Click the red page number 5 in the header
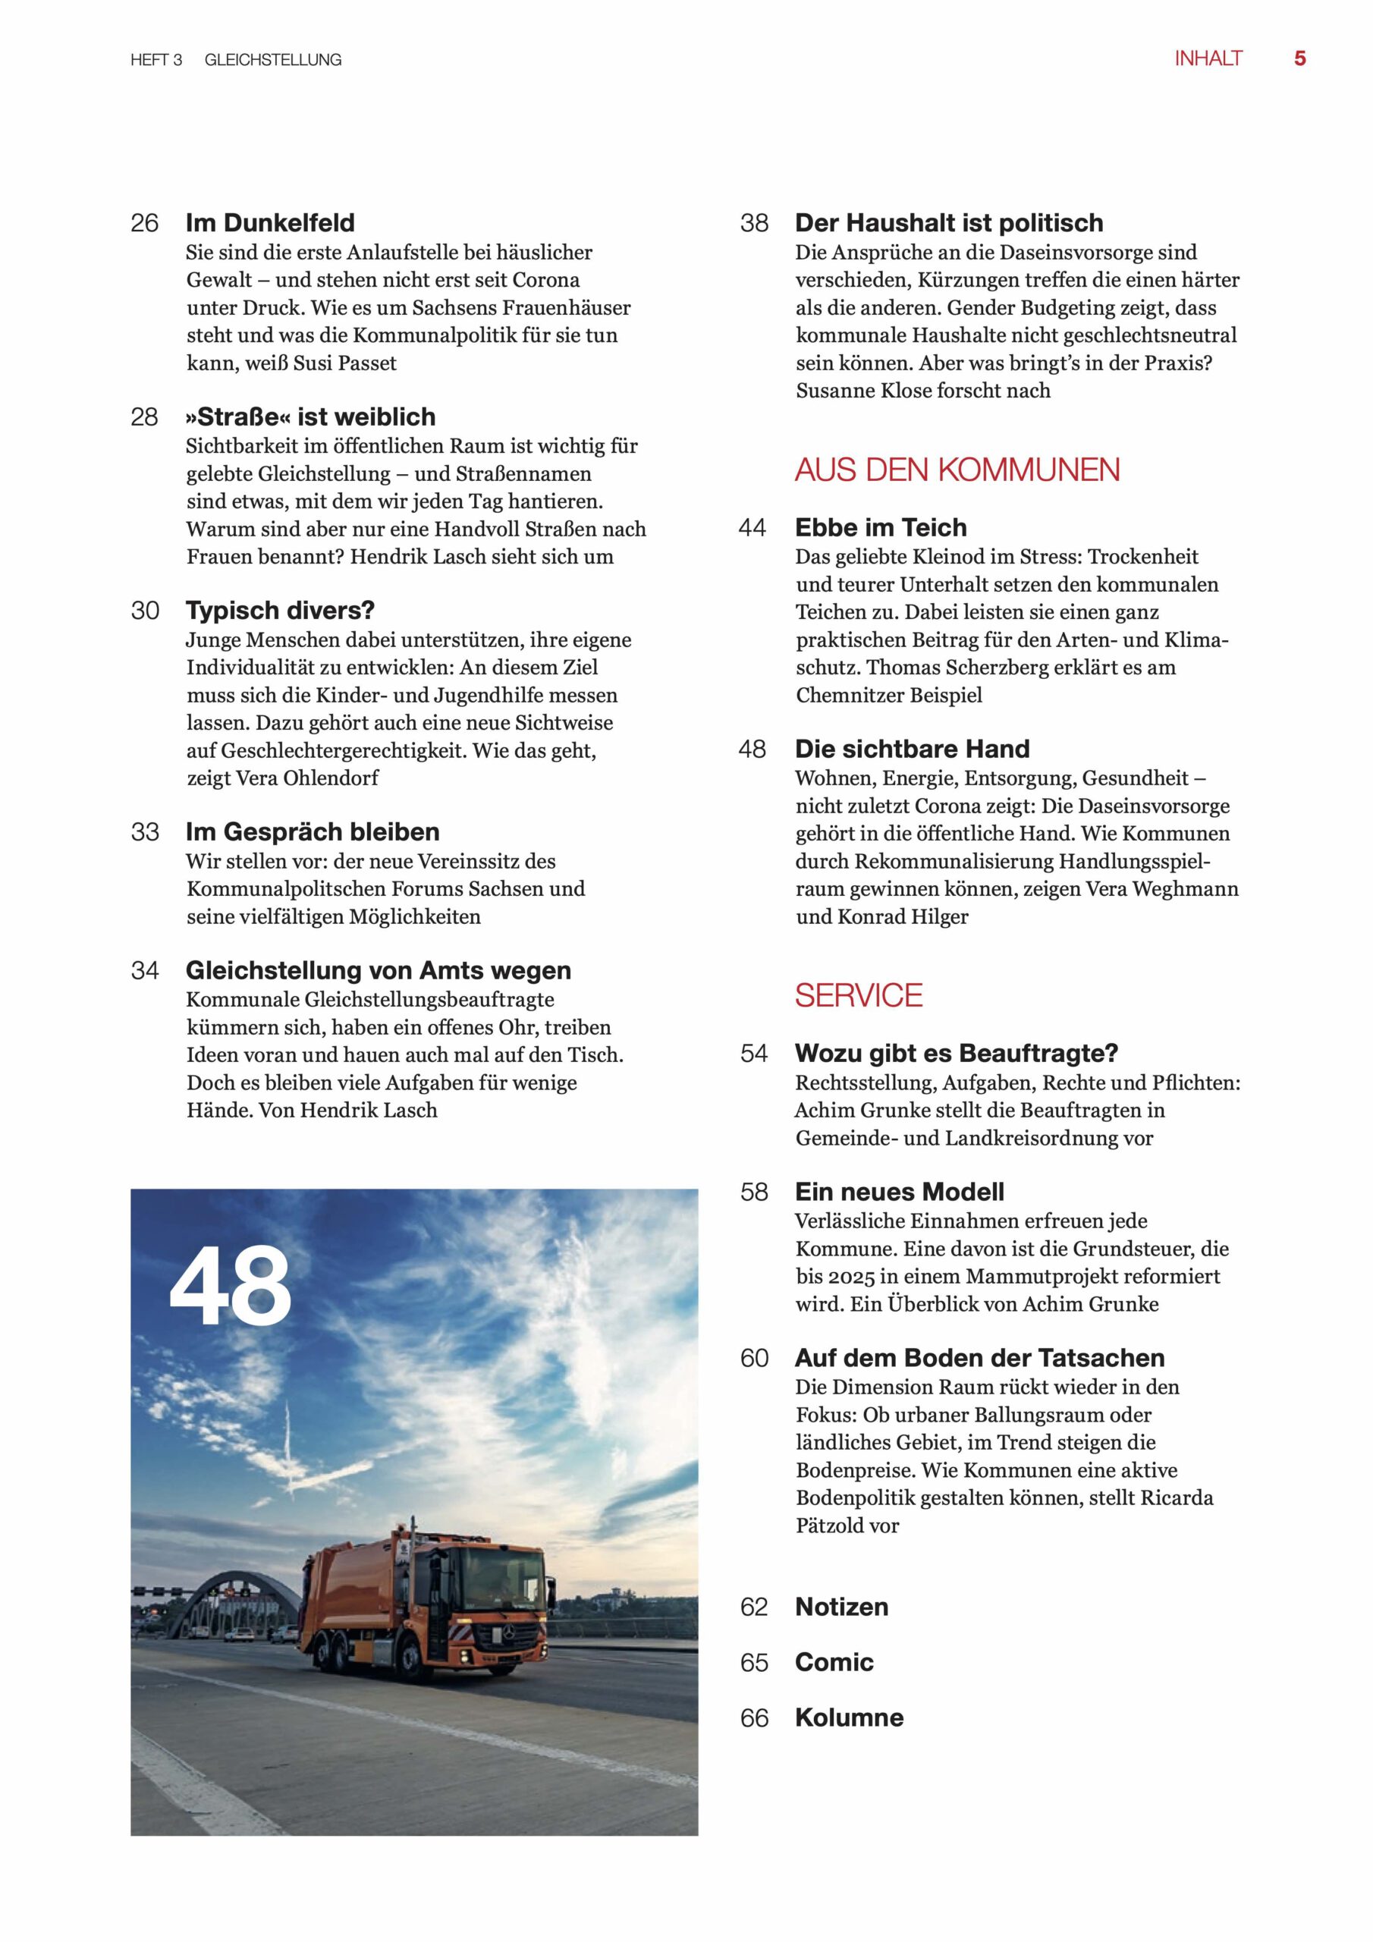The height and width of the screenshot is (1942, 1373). (1299, 58)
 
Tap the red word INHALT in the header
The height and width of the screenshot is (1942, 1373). (1208, 58)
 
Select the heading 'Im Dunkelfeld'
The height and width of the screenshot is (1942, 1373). (270, 222)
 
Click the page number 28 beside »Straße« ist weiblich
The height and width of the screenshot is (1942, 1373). (145, 417)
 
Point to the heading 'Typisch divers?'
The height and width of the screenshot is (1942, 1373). (280, 610)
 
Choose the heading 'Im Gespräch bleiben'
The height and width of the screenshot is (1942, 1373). (313, 831)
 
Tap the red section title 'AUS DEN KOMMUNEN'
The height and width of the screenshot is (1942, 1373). (957, 470)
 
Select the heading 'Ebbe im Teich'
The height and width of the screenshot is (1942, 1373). (881, 527)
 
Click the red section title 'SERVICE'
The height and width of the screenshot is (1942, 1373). (858, 995)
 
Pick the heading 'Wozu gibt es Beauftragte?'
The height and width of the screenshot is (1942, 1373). (956, 1053)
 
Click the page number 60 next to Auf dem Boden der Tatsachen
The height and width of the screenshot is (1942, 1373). (754, 1359)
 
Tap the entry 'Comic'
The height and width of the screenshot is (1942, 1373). (833, 1662)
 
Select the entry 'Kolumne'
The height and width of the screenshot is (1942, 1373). (850, 1718)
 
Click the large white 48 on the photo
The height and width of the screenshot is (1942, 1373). (230, 1287)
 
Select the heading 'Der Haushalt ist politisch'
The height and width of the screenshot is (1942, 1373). (949, 222)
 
